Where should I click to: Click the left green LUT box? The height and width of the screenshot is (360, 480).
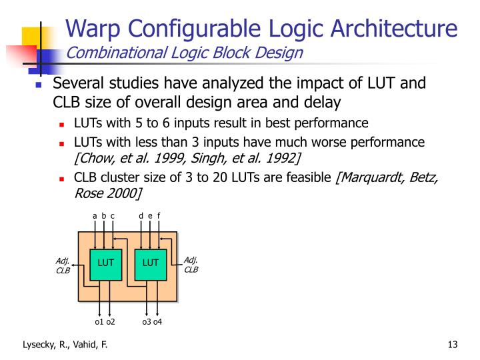tap(106, 263)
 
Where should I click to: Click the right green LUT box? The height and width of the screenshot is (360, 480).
tap(151, 263)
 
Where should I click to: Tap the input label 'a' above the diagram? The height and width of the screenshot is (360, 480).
tap(95, 215)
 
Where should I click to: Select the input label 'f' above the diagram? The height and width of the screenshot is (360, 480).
tap(159, 215)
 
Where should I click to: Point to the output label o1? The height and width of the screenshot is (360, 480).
tap(99, 323)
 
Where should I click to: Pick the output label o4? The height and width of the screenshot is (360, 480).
tap(158, 323)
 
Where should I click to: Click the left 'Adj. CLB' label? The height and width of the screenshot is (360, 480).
tap(63, 265)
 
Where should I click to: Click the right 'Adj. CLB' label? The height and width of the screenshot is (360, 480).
tap(191, 265)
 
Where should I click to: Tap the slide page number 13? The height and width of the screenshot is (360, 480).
tap(453, 345)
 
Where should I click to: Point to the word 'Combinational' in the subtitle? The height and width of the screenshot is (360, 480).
tap(110, 53)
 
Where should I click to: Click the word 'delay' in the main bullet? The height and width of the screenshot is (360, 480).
tap(325, 103)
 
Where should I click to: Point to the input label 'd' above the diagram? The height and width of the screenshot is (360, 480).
tap(141, 215)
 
